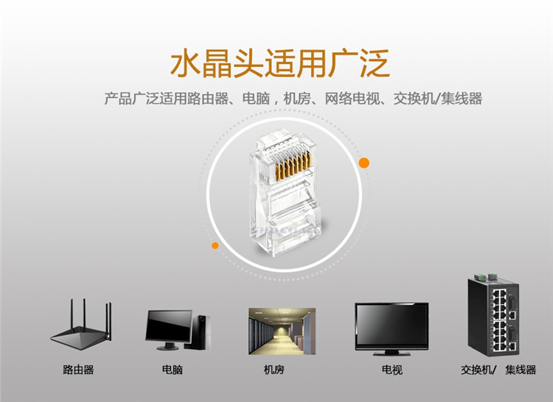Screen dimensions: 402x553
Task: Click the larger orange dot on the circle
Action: pos(364,162)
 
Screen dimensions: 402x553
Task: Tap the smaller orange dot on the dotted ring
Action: pos(215,245)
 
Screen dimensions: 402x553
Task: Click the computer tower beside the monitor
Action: pos(201,332)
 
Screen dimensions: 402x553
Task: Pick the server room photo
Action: pos(282,331)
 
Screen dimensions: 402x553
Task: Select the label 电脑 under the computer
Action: pos(172,370)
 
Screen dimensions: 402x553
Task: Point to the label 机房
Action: pos(274,370)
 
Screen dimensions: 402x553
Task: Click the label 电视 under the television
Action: pos(392,370)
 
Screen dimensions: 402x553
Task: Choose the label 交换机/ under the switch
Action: pos(479,370)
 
